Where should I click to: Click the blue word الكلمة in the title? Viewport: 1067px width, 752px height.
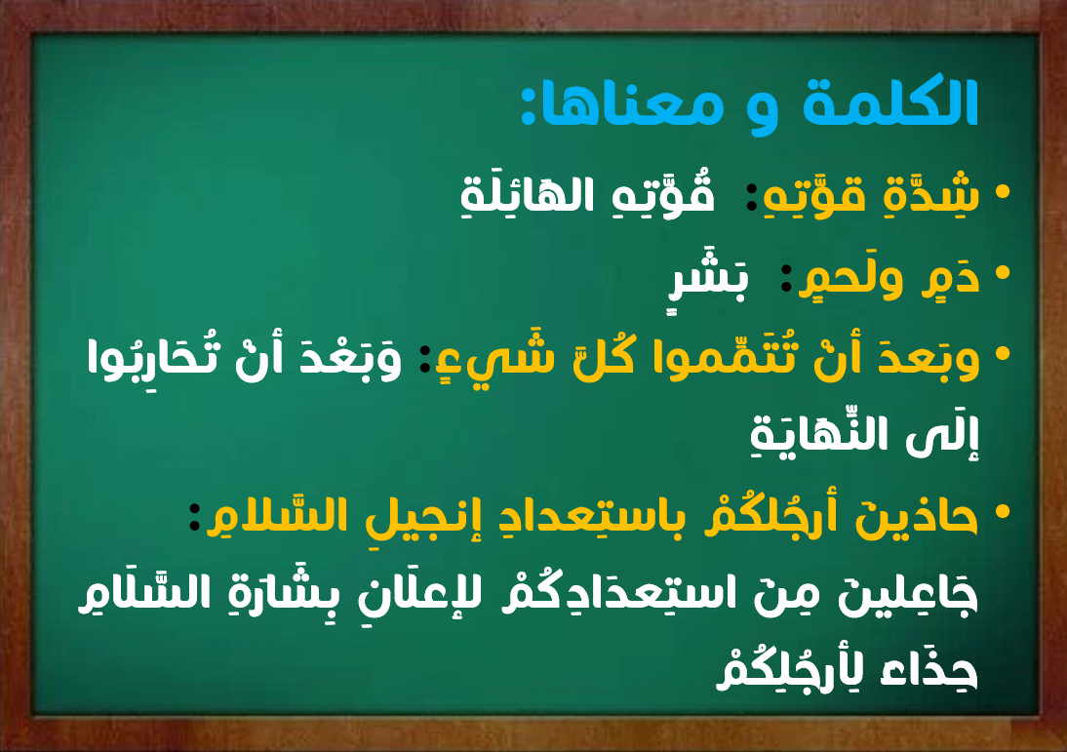click(890, 102)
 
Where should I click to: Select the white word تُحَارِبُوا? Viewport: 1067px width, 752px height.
click(151, 357)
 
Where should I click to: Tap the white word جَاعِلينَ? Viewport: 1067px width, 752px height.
click(907, 593)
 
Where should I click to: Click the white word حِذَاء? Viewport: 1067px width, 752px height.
click(929, 671)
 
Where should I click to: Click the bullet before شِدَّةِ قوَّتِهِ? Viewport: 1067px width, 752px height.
click(1003, 192)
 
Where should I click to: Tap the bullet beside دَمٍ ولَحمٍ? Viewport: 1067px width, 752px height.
click(1003, 273)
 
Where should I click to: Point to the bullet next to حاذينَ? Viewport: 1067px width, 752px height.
click(1003, 512)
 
